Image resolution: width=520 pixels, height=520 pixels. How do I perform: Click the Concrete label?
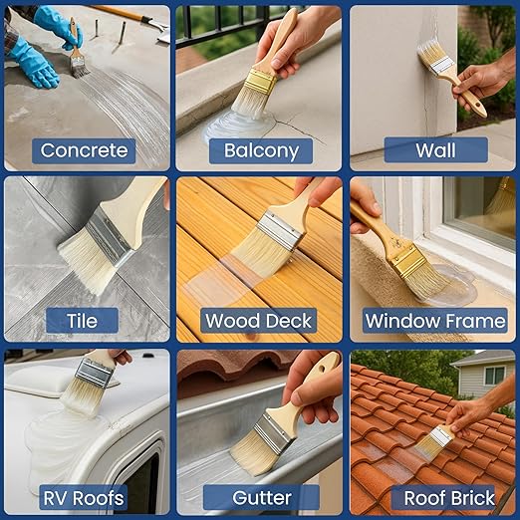point(84,150)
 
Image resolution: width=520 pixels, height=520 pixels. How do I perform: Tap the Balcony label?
point(261,150)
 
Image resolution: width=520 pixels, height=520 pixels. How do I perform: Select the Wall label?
point(435,150)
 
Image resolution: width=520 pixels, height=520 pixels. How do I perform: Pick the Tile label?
point(83,321)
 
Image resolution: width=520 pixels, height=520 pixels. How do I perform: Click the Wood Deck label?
point(260,321)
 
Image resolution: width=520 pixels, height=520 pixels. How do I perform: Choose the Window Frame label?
point(435,321)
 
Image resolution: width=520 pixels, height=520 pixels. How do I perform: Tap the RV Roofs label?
point(83,497)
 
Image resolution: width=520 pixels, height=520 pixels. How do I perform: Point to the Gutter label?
point(261,497)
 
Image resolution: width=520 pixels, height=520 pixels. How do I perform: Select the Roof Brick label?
point(436,497)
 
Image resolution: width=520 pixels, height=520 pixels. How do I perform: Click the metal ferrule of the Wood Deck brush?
point(280,230)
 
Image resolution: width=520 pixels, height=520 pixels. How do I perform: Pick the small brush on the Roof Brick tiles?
point(434,438)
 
